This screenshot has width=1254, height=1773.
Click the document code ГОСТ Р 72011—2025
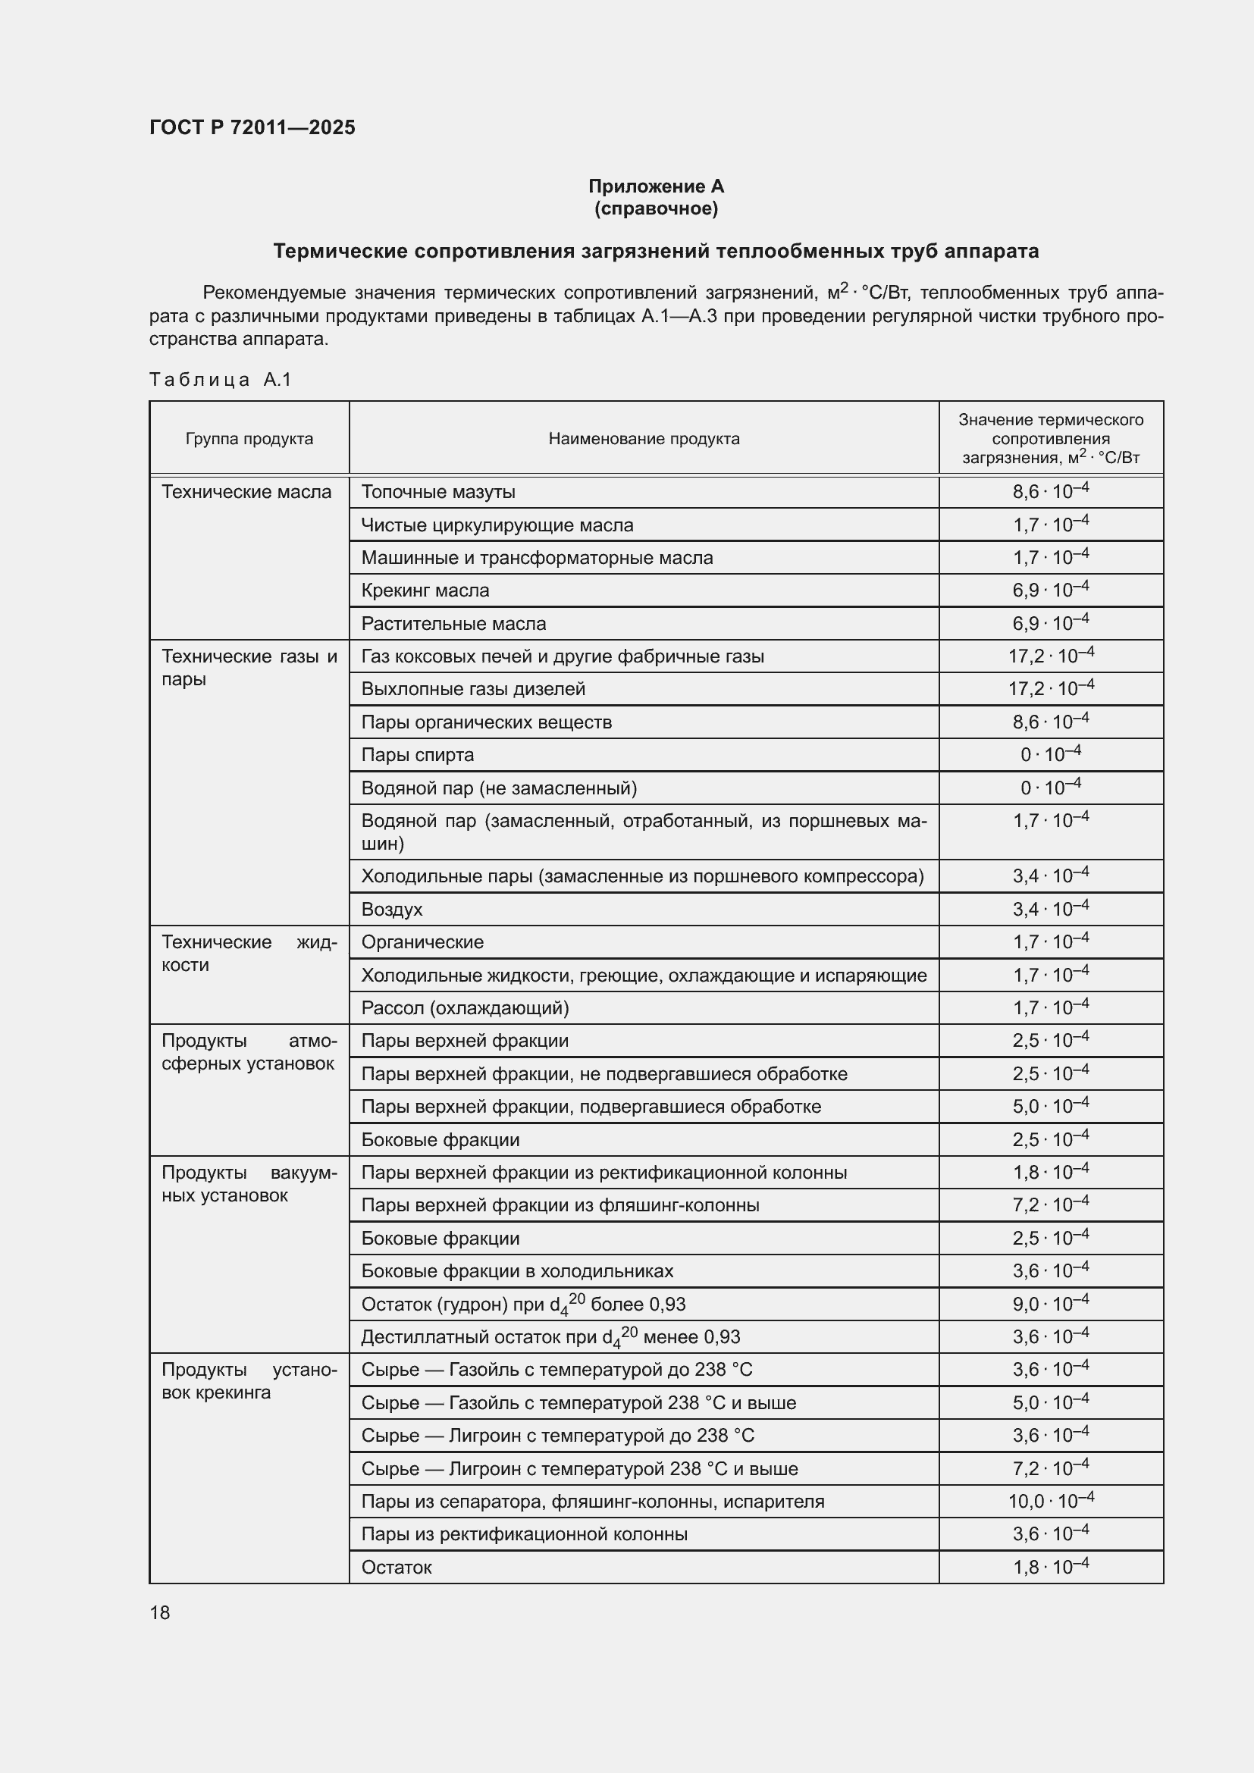(252, 127)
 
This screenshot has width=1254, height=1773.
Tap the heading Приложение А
(656, 186)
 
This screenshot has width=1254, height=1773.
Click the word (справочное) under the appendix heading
(656, 208)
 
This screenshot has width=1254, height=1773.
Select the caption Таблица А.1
(220, 379)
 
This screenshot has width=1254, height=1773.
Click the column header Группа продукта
(249, 439)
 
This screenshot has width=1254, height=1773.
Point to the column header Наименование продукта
(643, 439)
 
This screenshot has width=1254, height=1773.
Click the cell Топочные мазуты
(437, 492)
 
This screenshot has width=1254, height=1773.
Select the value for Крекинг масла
(1050, 590)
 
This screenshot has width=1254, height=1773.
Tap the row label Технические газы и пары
(249, 667)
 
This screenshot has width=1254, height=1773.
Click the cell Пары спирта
(417, 754)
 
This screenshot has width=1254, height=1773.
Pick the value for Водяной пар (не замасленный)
(1050, 788)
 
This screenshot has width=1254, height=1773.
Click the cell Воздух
(391, 909)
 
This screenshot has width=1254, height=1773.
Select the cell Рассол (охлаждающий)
(465, 1007)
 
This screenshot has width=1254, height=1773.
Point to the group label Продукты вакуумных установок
(249, 1184)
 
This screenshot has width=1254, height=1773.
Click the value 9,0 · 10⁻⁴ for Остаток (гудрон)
(1050, 1305)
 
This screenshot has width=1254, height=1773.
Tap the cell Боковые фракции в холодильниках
(516, 1271)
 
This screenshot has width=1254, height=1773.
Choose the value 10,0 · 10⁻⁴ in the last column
(1050, 1501)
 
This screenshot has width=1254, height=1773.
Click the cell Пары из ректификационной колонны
(524, 1533)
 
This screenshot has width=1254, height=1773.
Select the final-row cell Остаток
(396, 1567)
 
